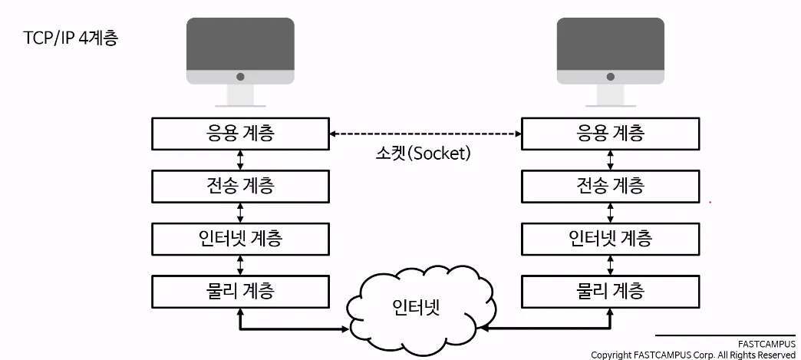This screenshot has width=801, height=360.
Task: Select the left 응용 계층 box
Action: pyautogui.click(x=240, y=134)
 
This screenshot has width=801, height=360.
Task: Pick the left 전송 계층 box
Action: pyautogui.click(x=240, y=185)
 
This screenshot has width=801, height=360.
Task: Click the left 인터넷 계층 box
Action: pyautogui.click(x=240, y=238)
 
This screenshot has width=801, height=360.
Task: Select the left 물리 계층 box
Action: pyautogui.click(x=240, y=290)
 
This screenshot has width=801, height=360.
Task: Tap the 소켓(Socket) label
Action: pyautogui.click(x=418, y=153)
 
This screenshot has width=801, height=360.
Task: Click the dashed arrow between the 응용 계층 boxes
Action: pyautogui.click(x=425, y=134)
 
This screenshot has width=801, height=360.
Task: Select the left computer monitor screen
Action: pyautogui.click(x=240, y=45)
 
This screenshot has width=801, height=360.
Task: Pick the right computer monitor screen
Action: pyautogui.click(x=610, y=45)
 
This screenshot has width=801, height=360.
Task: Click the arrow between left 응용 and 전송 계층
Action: pyautogui.click(x=241, y=160)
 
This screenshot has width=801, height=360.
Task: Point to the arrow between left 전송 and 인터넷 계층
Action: pyautogui.click(x=241, y=212)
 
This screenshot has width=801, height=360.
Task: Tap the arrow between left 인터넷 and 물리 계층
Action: pyautogui.click(x=241, y=264)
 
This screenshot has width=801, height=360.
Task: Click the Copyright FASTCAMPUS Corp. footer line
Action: pyautogui.click(x=693, y=355)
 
